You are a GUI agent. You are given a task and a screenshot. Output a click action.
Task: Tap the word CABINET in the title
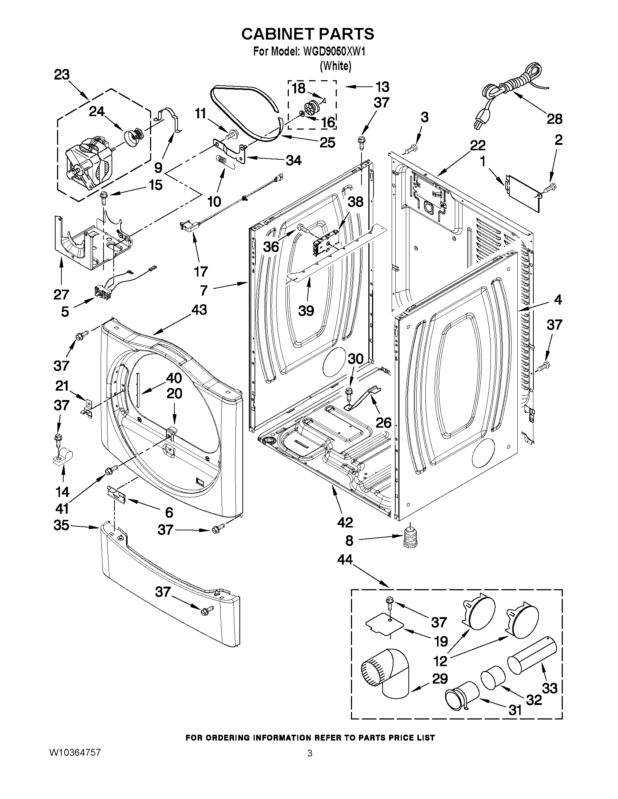[x=278, y=34]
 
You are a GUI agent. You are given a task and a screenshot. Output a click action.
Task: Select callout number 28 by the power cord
[x=554, y=119]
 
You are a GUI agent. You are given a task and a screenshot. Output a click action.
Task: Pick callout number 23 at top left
[x=61, y=75]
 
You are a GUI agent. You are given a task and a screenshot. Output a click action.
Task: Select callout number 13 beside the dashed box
[x=381, y=87]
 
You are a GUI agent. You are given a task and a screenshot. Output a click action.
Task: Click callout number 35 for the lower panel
[x=61, y=525]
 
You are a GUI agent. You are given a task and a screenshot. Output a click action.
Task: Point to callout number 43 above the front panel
[x=199, y=310]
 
